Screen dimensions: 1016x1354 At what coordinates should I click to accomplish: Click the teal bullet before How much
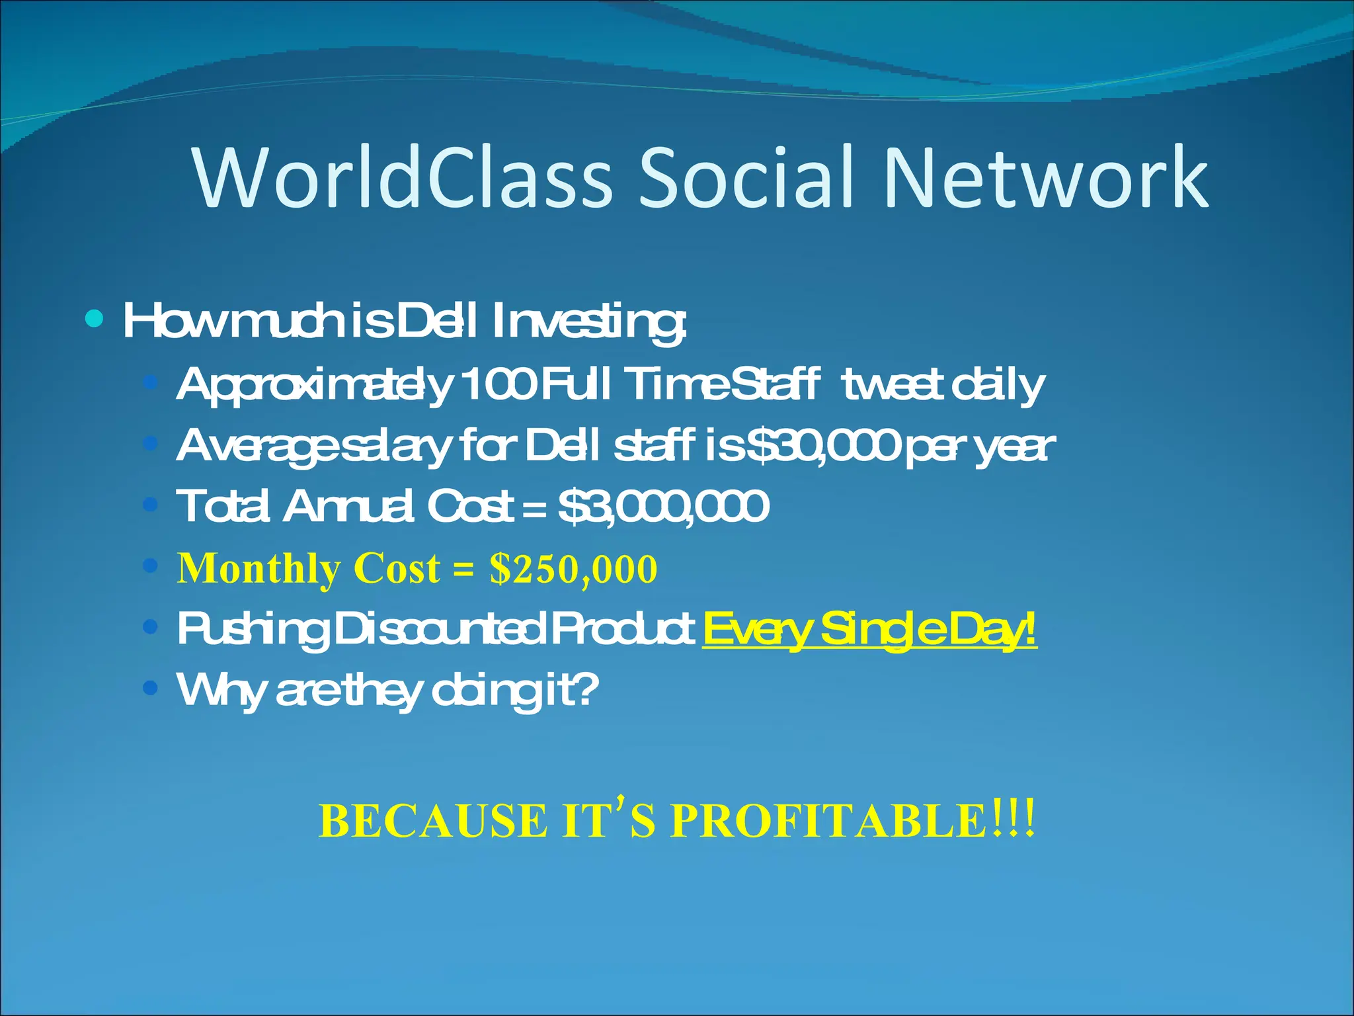95,320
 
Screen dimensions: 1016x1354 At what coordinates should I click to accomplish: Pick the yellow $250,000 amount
573,568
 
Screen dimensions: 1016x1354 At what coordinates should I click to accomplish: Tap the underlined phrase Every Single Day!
869,630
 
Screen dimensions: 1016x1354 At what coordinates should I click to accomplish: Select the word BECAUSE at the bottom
433,822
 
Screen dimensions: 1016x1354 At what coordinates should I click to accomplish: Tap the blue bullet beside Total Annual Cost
151,505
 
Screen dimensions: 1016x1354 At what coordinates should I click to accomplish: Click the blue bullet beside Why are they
151,689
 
